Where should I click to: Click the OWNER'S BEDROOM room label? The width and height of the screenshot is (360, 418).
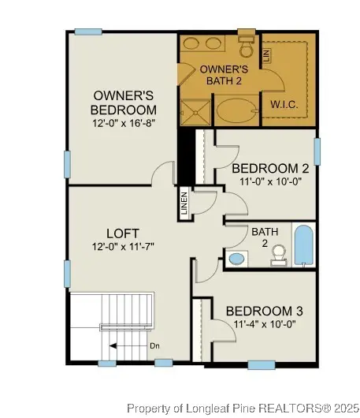click(123, 102)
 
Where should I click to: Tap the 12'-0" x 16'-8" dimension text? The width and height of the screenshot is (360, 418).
click(123, 123)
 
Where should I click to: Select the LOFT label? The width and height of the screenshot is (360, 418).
click(123, 233)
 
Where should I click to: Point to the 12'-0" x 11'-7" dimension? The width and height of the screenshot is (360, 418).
click(123, 247)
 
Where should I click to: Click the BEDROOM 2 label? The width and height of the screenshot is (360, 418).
click(269, 167)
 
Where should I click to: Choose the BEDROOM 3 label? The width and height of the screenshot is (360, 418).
click(264, 311)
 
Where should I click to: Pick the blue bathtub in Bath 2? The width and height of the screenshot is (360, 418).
click(303, 244)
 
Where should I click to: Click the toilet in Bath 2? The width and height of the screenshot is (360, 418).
click(277, 253)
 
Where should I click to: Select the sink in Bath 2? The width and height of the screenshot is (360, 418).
click(237, 258)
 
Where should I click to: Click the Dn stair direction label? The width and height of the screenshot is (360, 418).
click(154, 345)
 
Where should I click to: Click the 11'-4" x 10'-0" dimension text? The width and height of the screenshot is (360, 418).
click(264, 324)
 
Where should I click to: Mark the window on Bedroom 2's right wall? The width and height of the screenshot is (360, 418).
click(317, 151)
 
